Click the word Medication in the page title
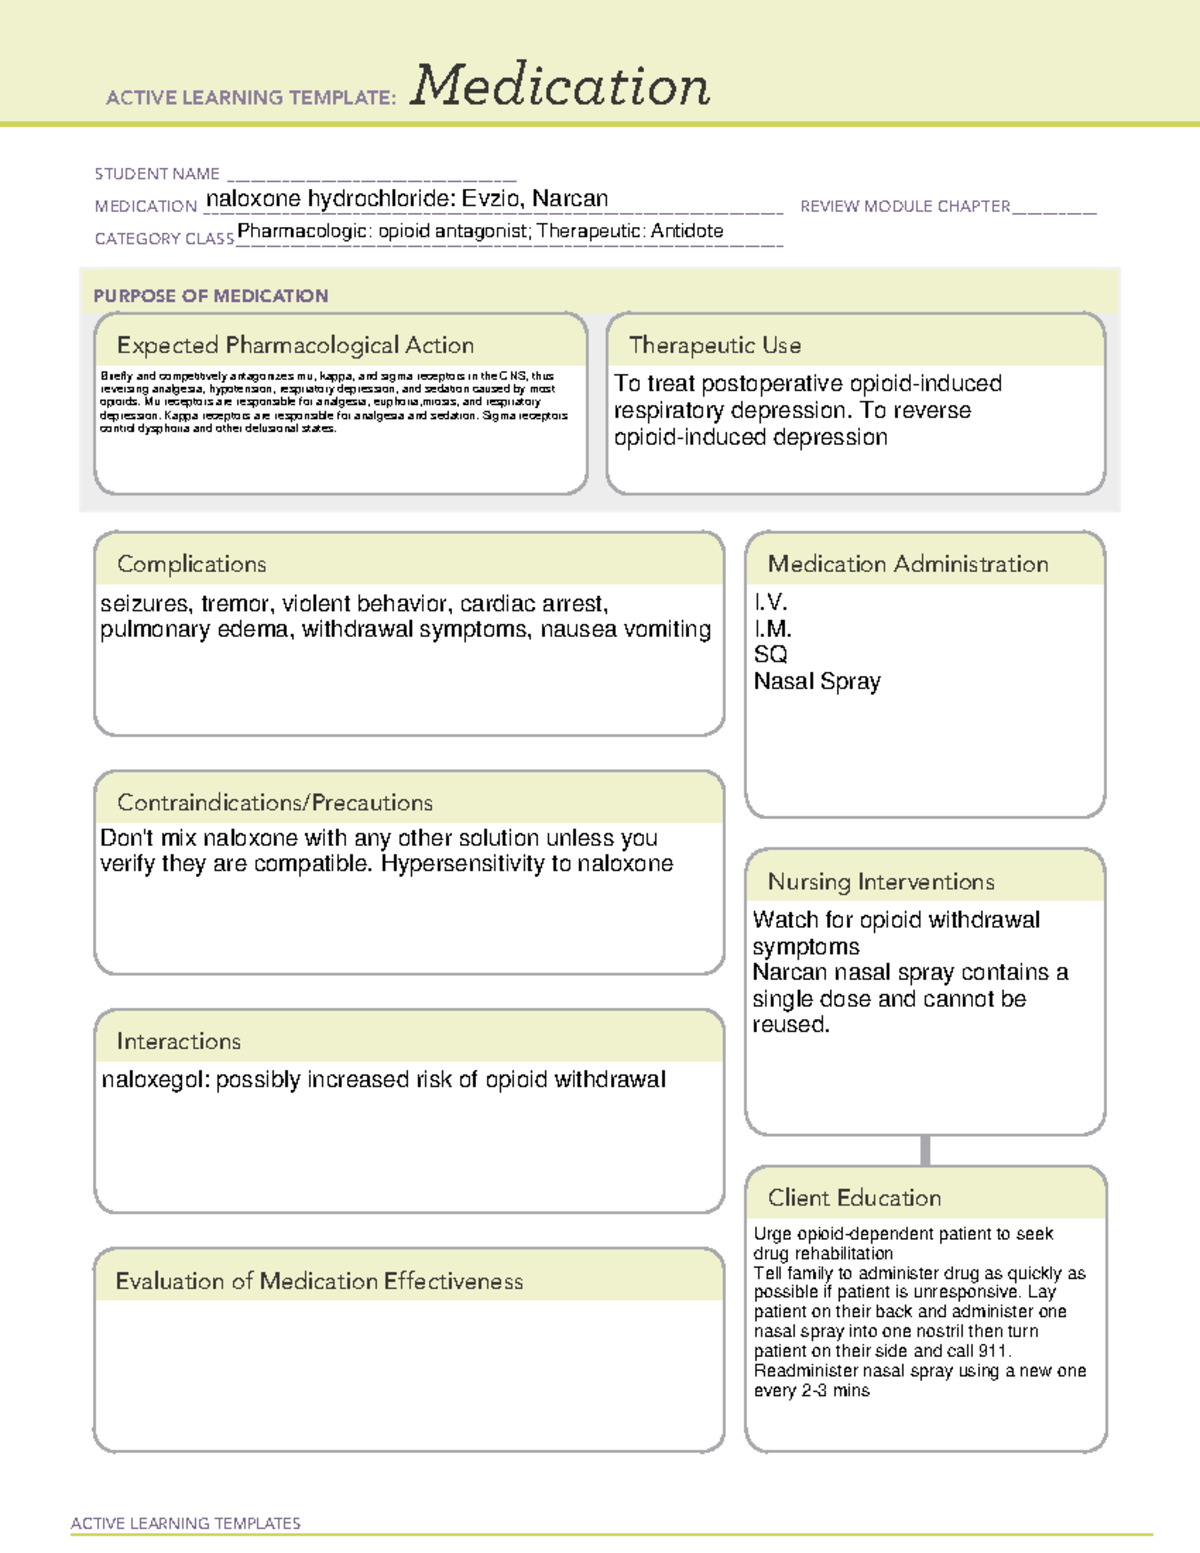pos(560,86)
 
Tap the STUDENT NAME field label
pos(157,174)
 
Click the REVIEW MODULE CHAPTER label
pos(905,206)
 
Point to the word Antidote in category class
pos(687,231)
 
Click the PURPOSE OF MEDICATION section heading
pos(211,296)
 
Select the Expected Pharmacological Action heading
pos(295,346)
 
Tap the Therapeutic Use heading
pos(715,346)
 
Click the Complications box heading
pos(192,564)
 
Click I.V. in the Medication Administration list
pos(771,602)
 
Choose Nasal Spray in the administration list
pos(817,682)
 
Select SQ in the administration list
pos(770,655)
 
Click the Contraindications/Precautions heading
pos(275,803)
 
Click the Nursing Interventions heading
pos(881,882)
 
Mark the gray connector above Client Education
pos(925,1150)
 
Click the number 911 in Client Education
pos(993,1351)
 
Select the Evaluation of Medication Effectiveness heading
pos(319,1282)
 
